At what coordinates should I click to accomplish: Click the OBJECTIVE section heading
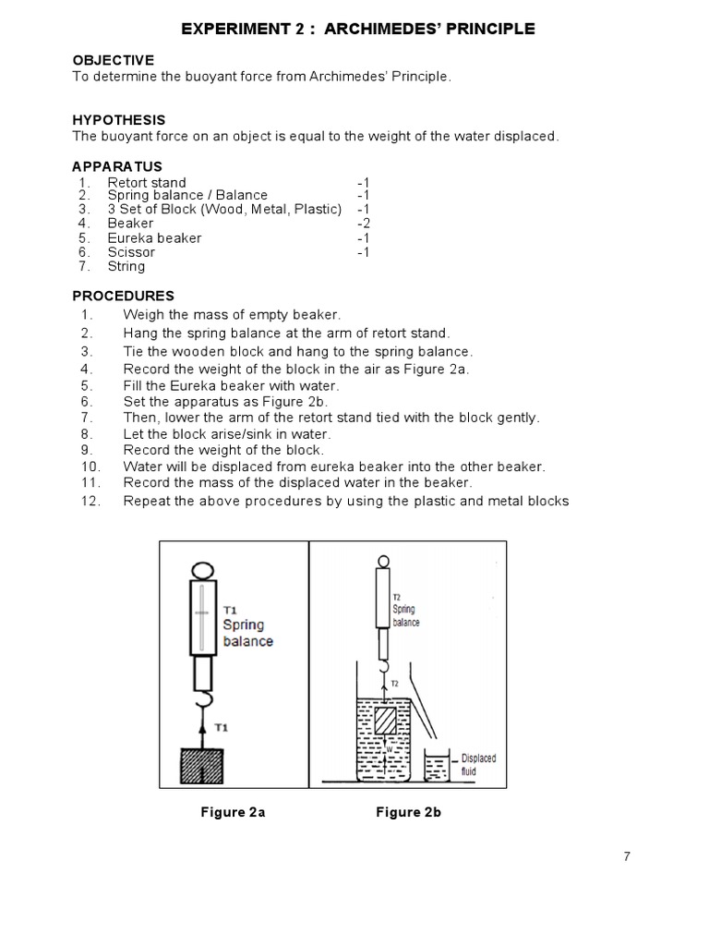click(114, 60)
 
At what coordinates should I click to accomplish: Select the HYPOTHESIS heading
click(119, 120)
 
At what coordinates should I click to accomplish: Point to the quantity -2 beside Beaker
click(363, 224)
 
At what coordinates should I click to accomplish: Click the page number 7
click(627, 856)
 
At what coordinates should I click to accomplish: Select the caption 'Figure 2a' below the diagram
click(233, 813)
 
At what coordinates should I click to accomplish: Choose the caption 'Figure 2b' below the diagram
click(408, 813)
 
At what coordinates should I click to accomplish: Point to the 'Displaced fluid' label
click(478, 763)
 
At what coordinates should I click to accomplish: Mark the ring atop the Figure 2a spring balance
click(202, 571)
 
